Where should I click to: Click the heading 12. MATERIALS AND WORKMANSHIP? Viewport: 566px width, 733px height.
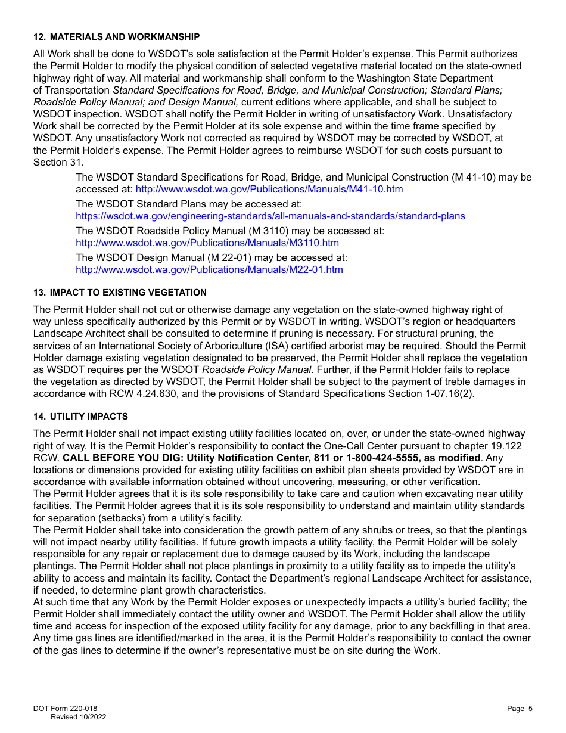(116, 37)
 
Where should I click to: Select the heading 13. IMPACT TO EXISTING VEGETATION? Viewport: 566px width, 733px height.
(120, 293)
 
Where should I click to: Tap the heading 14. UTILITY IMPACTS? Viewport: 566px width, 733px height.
(80, 417)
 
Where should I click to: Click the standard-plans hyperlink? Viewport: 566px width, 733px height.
(270, 216)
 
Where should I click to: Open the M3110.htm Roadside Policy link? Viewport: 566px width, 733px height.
(207, 243)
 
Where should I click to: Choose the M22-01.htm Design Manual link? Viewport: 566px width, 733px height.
(209, 270)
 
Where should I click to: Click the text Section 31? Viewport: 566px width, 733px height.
(58, 163)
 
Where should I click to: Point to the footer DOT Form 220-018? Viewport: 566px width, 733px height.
(65, 709)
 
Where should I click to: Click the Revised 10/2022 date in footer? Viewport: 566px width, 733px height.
(78, 718)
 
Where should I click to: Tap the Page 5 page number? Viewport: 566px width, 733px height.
(520, 709)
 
